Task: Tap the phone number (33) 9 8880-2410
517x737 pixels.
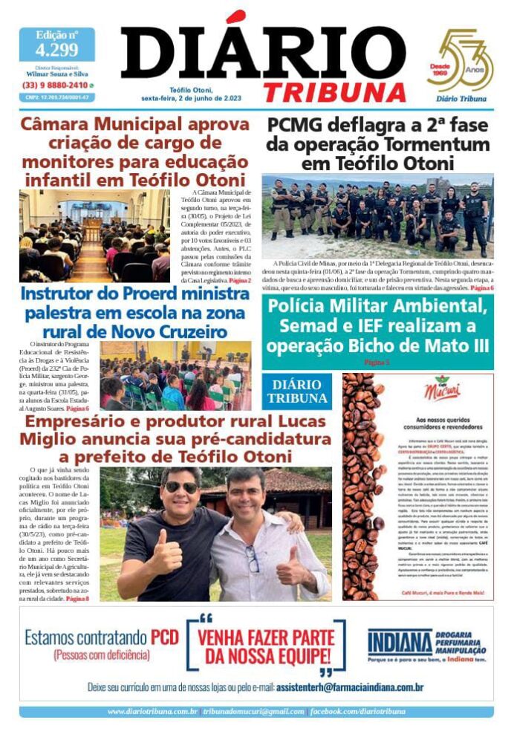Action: click(54, 85)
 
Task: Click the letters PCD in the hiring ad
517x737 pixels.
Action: click(164, 637)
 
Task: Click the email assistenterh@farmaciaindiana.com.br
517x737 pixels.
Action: click(350, 687)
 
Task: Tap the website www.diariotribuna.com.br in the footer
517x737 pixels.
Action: click(152, 712)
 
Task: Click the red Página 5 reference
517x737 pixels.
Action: click(377, 361)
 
